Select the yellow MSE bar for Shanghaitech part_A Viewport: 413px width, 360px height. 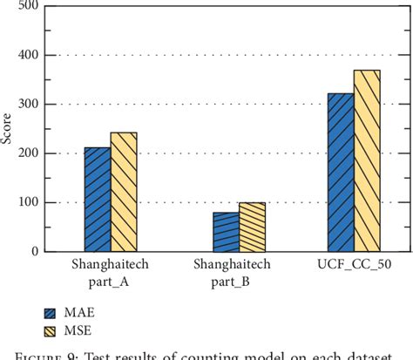tap(124, 192)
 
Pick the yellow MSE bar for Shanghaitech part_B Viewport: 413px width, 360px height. tap(252, 228)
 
